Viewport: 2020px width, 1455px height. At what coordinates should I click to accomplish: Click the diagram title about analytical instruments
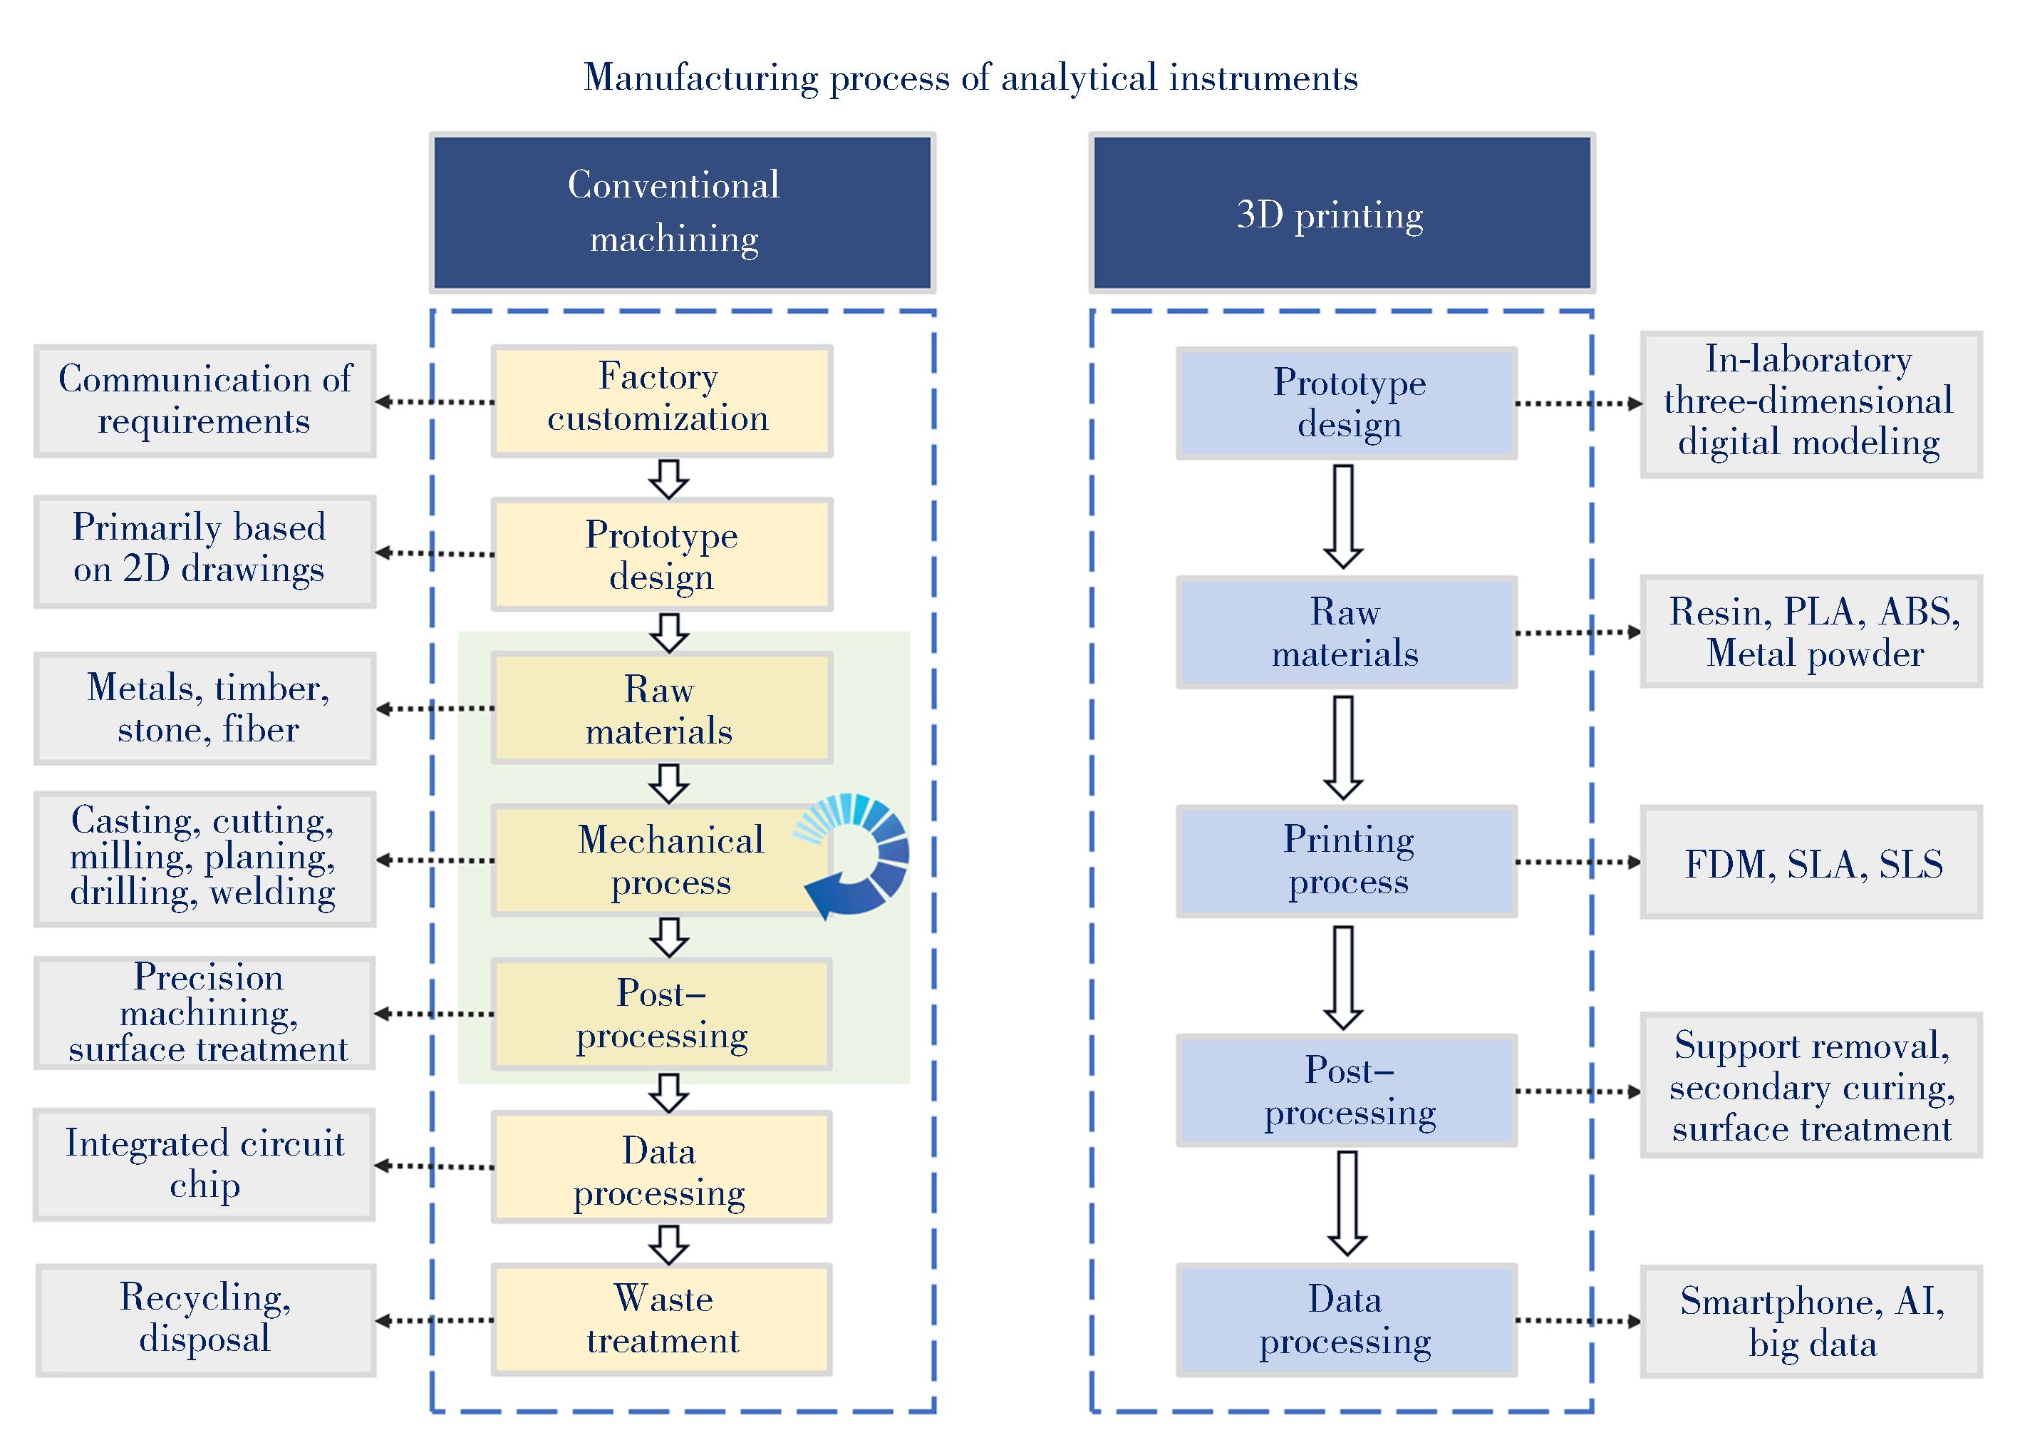[970, 78]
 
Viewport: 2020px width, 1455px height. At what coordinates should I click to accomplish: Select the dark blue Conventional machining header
[683, 213]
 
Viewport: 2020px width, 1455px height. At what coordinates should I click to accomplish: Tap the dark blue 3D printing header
[1341, 213]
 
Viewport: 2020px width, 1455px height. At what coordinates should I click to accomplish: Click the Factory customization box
[662, 401]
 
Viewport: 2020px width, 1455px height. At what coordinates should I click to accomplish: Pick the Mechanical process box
[662, 860]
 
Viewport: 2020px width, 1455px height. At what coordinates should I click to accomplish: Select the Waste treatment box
[662, 1320]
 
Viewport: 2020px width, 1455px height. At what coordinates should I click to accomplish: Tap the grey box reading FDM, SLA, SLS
[1811, 863]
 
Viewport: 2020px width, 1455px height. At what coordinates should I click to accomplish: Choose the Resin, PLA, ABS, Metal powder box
[1811, 632]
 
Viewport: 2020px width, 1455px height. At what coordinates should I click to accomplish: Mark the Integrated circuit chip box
[204, 1165]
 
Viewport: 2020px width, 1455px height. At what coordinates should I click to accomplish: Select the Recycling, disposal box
[206, 1320]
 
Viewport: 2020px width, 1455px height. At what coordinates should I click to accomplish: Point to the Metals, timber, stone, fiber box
[205, 709]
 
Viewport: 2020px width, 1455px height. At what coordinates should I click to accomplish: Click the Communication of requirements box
[205, 401]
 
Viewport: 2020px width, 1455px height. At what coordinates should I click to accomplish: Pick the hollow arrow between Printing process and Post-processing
[1343, 977]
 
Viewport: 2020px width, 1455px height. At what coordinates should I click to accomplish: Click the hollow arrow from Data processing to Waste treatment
[668, 1244]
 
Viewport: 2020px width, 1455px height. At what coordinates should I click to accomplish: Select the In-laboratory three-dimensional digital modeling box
[1811, 404]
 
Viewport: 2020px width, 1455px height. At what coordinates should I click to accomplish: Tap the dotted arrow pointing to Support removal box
[1578, 1091]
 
